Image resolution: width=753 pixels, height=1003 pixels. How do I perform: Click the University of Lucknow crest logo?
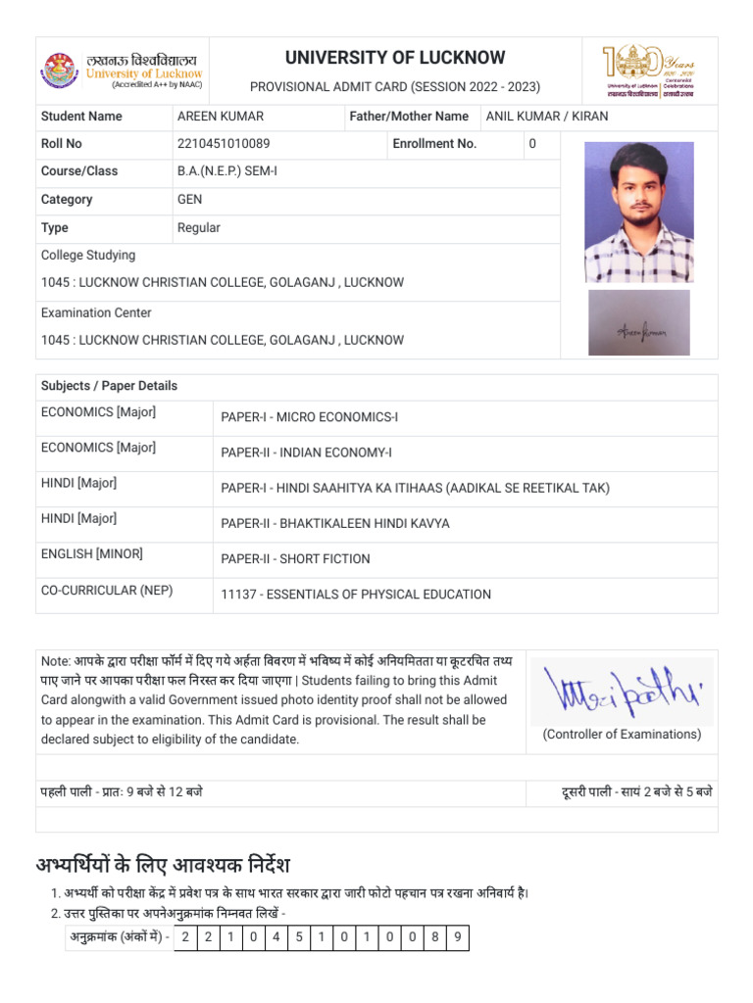click(x=59, y=71)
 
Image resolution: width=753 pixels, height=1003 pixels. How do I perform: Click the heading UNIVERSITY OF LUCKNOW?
click(x=395, y=58)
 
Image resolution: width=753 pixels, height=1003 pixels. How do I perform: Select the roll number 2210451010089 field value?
click(x=226, y=144)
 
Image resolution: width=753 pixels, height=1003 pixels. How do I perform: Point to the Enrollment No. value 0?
click(x=532, y=144)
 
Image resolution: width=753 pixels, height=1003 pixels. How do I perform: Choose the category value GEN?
click(x=189, y=200)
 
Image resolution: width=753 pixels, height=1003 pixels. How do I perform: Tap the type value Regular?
click(x=198, y=228)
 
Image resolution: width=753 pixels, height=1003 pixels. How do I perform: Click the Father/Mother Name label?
click(x=409, y=117)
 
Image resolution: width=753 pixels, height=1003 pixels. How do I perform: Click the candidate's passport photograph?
click(x=638, y=213)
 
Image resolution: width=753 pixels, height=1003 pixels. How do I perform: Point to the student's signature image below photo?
click(x=638, y=322)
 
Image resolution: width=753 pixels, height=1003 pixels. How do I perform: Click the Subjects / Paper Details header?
click(x=109, y=386)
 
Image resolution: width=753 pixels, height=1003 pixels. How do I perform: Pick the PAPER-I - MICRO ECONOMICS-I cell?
click(x=309, y=418)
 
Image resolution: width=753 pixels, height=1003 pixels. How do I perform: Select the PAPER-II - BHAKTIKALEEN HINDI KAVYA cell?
click(x=335, y=524)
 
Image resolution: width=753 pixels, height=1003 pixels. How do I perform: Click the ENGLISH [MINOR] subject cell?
click(x=91, y=554)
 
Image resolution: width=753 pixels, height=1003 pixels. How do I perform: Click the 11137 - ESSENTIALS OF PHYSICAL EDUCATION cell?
click(x=356, y=595)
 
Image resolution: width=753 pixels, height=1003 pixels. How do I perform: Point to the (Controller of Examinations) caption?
click(x=622, y=735)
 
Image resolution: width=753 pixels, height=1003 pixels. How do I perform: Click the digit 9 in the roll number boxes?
click(x=456, y=938)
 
